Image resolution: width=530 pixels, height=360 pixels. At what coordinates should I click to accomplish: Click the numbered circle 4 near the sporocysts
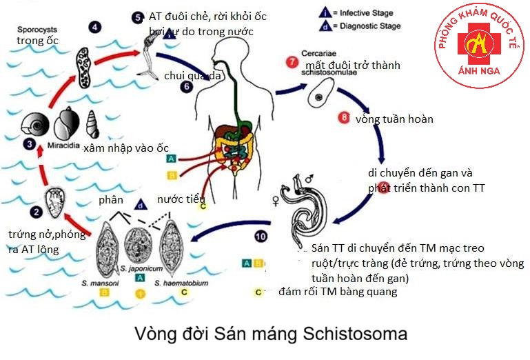(x=94, y=28)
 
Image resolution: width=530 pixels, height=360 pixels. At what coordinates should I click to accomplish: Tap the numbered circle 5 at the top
(x=137, y=16)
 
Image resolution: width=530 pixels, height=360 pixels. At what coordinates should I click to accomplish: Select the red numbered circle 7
(x=292, y=64)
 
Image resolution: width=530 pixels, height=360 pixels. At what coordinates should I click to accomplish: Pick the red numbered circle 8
(x=345, y=117)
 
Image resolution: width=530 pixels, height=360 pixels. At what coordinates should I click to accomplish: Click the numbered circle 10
(x=260, y=237)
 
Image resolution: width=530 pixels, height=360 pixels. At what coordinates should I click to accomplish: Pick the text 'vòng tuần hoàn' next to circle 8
(x=394, y=119)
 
